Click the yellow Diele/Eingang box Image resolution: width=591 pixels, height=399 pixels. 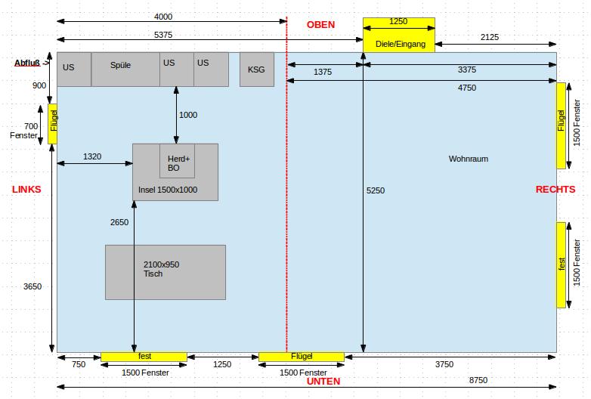click(399, 36)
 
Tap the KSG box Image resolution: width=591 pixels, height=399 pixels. click(256, 70)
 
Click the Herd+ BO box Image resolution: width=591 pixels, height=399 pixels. click(177, 160)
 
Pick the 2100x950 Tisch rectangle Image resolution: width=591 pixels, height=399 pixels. click(165, 272)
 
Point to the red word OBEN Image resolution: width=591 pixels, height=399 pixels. click(320, 25)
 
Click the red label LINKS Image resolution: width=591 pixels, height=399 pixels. click(26, 189)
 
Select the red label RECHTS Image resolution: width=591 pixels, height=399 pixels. click(555, 189)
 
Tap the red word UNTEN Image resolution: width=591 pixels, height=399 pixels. click(323, 382)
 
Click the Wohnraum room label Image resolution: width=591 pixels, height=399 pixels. click(469, 159)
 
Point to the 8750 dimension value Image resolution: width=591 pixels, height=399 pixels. click(478, 380)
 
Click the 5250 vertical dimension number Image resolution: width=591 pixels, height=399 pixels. click(376, 190)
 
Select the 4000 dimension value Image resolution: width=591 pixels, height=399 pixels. click(163, 17)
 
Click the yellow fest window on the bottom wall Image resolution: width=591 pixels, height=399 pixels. click(144, 356)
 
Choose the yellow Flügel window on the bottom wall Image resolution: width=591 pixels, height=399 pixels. click(301, 356)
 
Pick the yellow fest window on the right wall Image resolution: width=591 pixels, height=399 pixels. click(561, 264)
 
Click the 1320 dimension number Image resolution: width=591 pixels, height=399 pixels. click(91, 157)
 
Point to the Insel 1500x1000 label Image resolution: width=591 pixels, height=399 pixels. click(168, 190)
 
